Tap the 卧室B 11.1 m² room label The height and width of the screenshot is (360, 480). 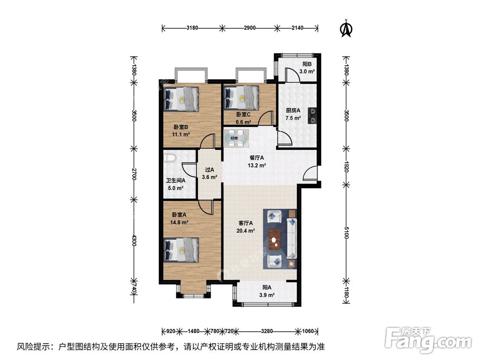pyautogui.click(x=180, y=131)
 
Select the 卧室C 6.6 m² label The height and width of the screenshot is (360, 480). pyautogui.click(x=243, y=118)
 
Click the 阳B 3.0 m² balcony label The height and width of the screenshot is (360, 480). pyautogui.click(x=307, y=68)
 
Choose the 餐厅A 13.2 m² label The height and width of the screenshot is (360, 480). pyautogui.click(x=257, y=161)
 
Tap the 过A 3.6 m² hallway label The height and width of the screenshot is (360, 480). pyautogui.click(x=209, y=173)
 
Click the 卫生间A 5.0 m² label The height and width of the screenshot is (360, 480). pyautogui.click(x=176, y=184)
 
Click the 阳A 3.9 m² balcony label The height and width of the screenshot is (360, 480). pyautogui.click(x=267, y=291)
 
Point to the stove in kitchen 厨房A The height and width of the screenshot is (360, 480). pyautogui.click(x=312, y=113)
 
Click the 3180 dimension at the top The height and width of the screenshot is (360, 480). pyautogui.click(x=192, y=28)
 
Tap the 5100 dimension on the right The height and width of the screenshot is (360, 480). pyautogui.click(x=346, y=235)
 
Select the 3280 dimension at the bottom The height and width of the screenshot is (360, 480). pyautogui.click(x=267, y=331)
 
